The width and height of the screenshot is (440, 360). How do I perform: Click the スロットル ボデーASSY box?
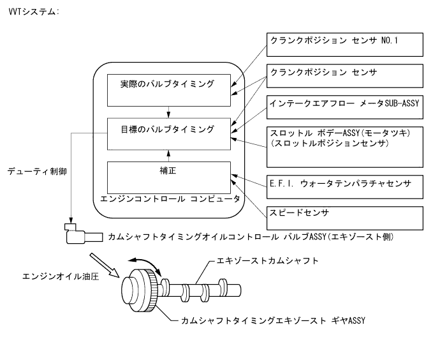tap(344, 147)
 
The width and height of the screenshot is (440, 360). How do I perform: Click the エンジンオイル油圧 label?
tap(52, 276)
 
